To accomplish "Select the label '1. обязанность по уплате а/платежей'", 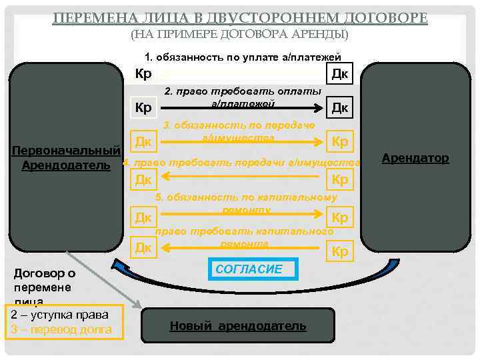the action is pyautogui.click(x=242, y=57).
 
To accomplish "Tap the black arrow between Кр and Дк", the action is pyautogui.click(x=240, y=107).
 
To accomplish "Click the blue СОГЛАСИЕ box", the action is pyautogui.click(x=249, y=269).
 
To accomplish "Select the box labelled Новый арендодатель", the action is pyautogui.click(x=238, y=326).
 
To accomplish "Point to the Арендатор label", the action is pyautogui.click(x=415, y=158).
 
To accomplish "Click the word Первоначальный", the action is pyautogui.click(x=61, y=148).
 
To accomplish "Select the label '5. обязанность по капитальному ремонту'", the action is pyautogui.click(x=246, y=203).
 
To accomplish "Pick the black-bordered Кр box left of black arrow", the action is pyautogui.click(x=143, y=107).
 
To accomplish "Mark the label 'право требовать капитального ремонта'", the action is pyautogui.click(x=244, y=237).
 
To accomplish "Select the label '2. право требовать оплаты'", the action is pyautogui.click(x=243, y=91).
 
